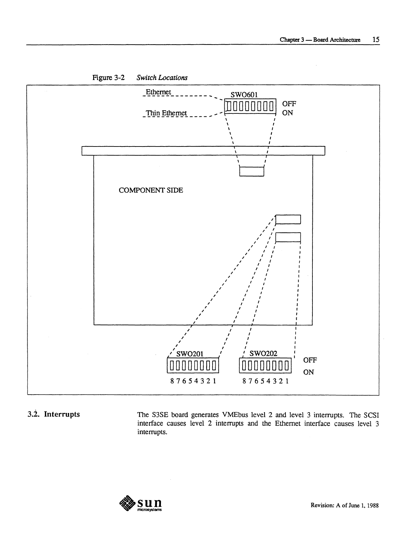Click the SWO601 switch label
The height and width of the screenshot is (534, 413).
244,95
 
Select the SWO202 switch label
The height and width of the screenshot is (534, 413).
263,353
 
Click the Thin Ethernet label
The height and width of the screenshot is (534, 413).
166,113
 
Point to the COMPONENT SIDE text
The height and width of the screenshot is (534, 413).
151,190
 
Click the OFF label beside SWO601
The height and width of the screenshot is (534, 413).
289,104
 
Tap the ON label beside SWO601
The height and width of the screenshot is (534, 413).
287,113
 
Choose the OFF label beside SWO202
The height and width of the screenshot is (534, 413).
310,360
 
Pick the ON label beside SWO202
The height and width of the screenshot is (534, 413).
308,372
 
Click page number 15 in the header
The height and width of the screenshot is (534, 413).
376,39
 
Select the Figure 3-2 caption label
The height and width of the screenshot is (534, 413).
108,78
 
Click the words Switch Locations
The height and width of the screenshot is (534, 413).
162,78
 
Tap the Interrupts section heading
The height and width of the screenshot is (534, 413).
62,414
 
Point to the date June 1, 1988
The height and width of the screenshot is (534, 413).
362,506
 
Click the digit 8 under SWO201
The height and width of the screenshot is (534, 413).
172,381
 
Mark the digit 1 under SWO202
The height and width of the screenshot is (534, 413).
287,381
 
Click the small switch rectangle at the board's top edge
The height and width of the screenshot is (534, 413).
251,172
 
